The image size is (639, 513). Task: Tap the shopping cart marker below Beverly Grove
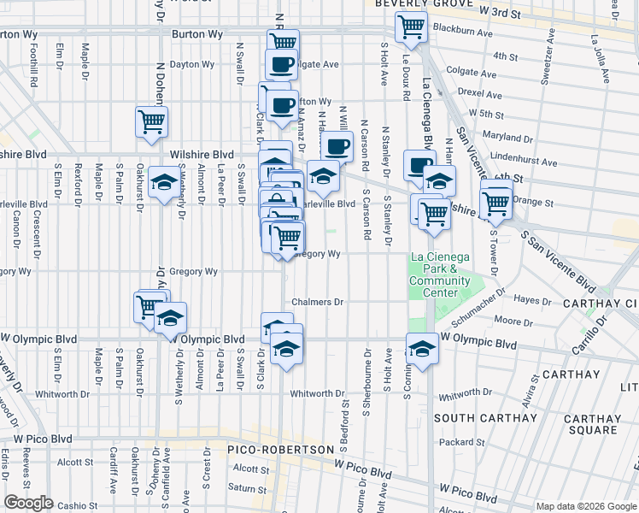[412, 26]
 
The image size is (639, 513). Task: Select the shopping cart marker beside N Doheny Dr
[151, 121]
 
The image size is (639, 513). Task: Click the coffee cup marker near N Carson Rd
[337, 145]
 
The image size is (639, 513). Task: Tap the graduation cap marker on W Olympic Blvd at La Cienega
[422, 347]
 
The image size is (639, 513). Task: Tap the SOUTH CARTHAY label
[476, 418]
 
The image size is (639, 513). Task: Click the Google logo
[28, 503]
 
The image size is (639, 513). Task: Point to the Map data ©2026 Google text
[586, 506]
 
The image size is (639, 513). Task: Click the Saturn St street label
[248, 488]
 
